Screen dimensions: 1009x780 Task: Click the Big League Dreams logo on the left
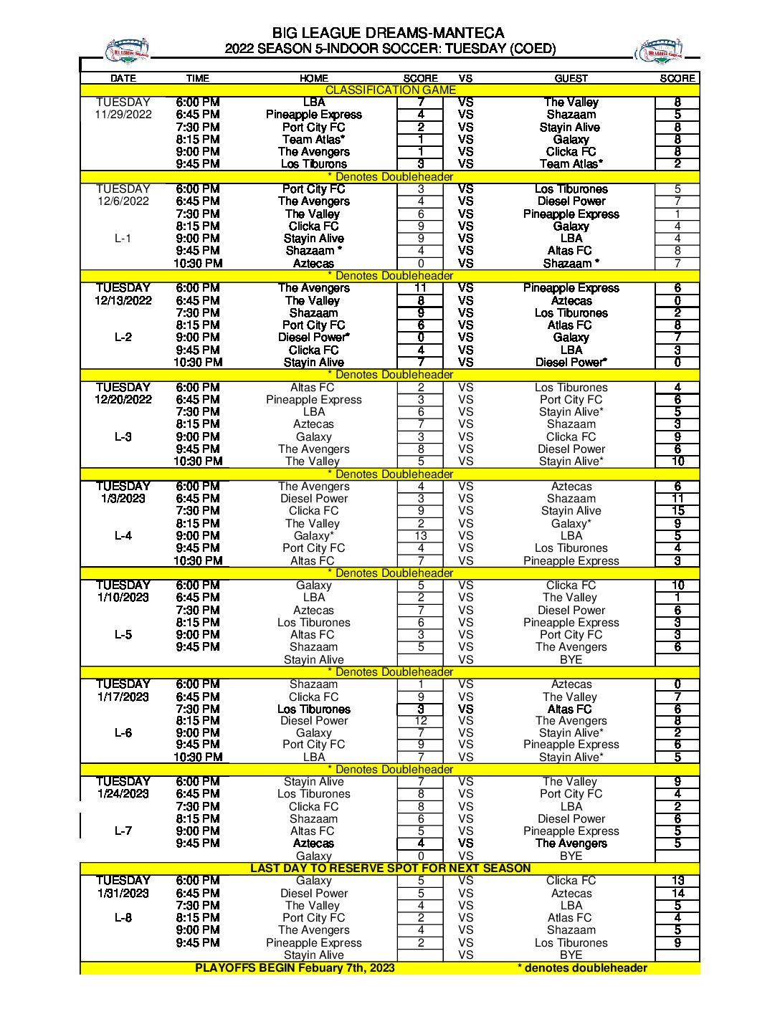coord(127,49)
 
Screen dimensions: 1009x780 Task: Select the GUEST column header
coord(571,78)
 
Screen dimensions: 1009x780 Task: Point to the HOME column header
coord(313,78)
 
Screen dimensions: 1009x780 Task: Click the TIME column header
coord(197,78)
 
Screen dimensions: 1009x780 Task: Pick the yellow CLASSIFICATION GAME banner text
coord(390,90)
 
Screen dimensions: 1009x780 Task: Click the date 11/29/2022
coord(123,115)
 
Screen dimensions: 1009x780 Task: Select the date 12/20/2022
coord(123,399)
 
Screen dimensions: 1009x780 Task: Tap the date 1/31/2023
coord(123,893)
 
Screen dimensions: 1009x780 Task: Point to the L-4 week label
coord(123,535)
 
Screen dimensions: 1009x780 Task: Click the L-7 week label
coord(123,831)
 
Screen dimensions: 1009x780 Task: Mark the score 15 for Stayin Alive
coord(677,511)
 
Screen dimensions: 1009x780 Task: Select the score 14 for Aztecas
coord(677,893)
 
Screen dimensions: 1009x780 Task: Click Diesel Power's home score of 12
coord(421,721)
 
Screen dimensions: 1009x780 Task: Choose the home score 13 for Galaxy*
coord(421,535)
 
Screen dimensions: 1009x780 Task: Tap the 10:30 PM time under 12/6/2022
coord(198,263)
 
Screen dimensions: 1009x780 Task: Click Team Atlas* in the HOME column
coord(313,139)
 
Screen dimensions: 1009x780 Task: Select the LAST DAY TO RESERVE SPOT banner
coord(390,868)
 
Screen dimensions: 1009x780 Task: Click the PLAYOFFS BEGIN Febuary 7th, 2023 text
coord(295,967)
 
